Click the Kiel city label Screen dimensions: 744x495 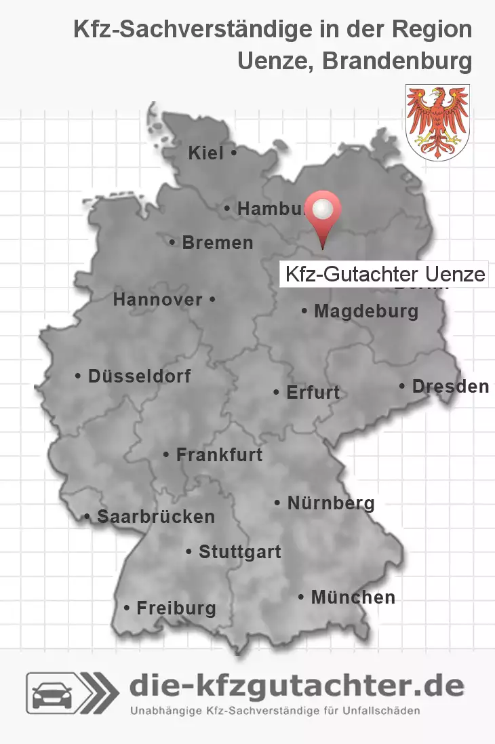[x=206, y=154]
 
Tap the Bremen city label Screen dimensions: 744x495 [x=217, y=242]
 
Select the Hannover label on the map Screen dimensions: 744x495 [x=157, y=299]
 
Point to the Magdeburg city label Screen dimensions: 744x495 [x=365, y=311]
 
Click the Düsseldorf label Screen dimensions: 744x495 [x=139, y=376]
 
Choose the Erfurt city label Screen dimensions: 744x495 [x=313, y=392]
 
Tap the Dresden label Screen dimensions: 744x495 [x=450, y=387]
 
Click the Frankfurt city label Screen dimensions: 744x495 [x=218, y=454]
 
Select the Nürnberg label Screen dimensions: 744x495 [x=330, y=503]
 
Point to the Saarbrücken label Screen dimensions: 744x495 [x=155, y=517]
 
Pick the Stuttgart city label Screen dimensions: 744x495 [x=239, y=552]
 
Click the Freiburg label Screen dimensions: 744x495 [x=176, y=608]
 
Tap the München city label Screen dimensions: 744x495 [x=353, y=598]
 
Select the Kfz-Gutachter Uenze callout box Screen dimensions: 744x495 [x=384, y=275]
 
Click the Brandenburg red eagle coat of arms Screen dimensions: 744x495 [x=437, y=122]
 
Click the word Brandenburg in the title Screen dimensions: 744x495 [x=397, y=61]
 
